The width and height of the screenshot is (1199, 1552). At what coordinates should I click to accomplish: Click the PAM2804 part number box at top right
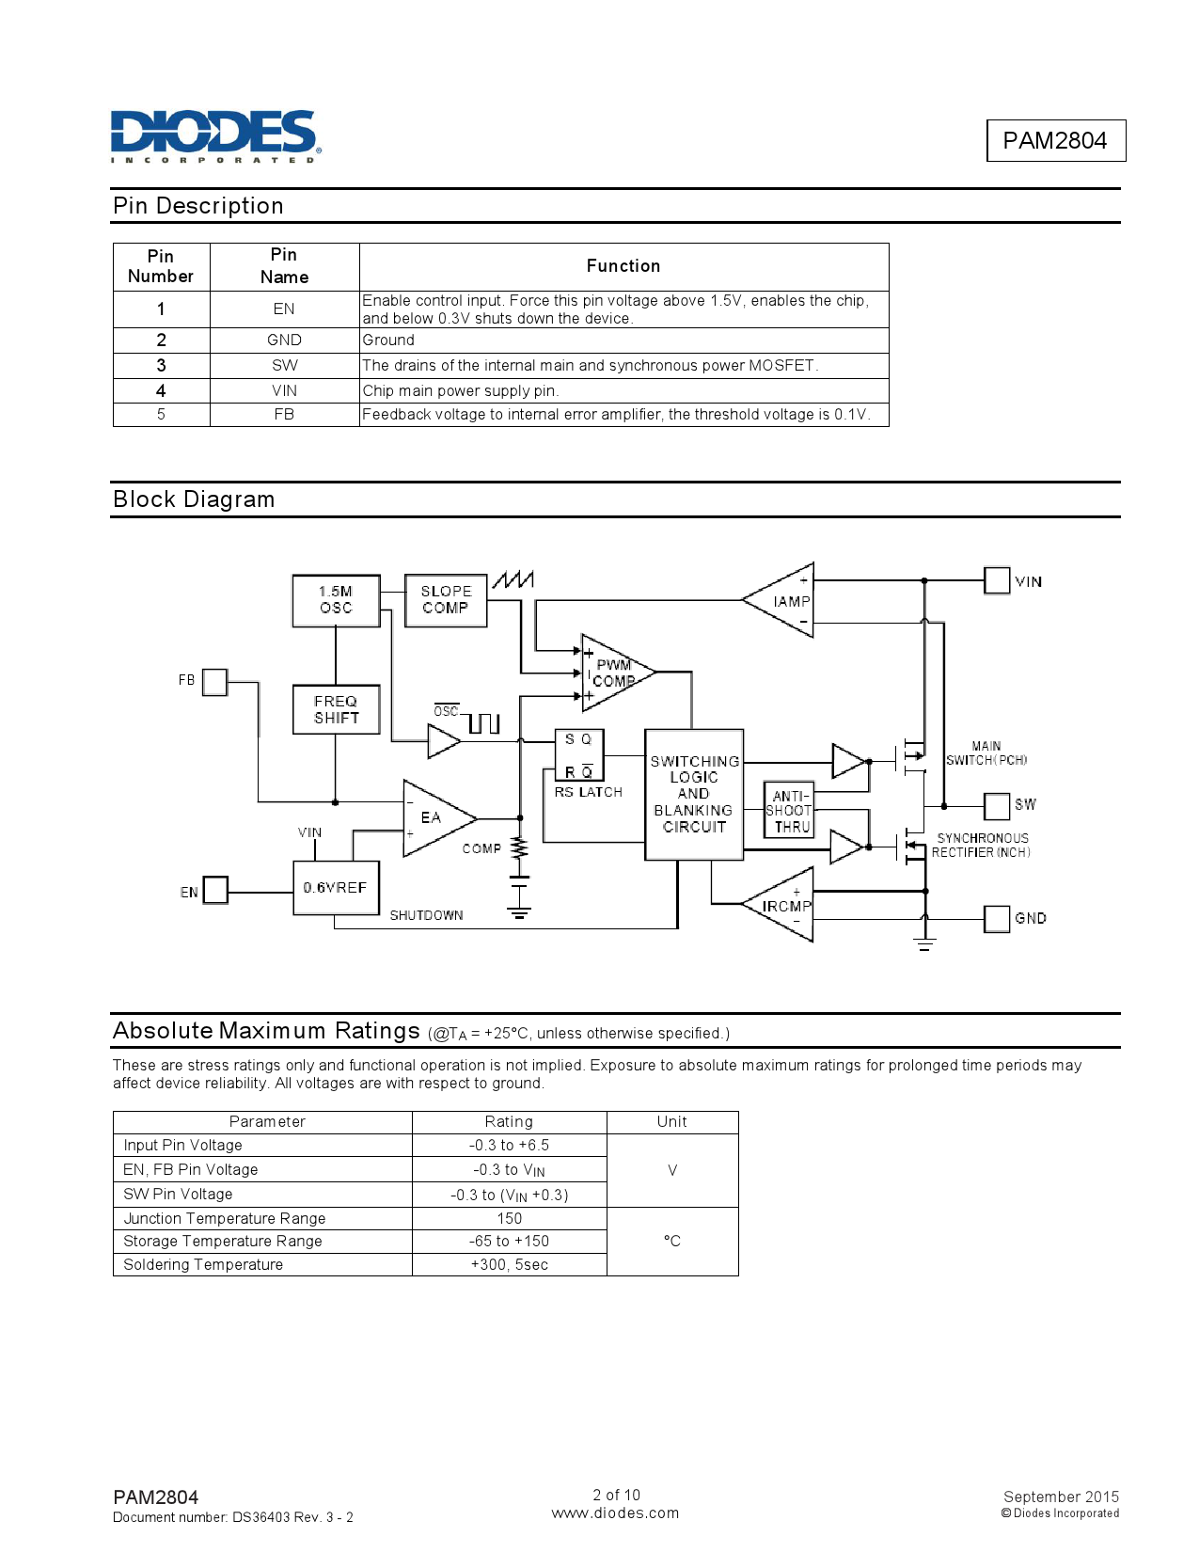point(1055,141)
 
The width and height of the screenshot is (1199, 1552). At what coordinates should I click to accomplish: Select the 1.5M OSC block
point(336,600)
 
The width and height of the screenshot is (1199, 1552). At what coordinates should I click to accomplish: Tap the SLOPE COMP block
point(446,600)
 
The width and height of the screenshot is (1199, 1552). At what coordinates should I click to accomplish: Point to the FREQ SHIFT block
point(336,709)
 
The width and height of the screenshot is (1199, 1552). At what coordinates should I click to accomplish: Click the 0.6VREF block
point(336,888)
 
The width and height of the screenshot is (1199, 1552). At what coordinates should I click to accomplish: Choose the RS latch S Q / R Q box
point(578,755)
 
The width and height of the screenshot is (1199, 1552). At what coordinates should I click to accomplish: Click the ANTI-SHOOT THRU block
point(789,810)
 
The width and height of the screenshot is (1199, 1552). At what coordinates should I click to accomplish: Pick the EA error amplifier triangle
point(433,818)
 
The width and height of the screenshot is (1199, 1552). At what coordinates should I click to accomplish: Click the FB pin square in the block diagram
point(215,682)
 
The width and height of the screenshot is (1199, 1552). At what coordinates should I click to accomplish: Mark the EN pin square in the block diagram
point(215,890)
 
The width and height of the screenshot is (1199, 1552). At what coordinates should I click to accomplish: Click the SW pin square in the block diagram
point(997,806)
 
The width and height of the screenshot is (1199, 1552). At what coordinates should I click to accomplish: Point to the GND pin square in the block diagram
point(997,919)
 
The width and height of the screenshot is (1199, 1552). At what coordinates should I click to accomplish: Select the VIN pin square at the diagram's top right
point(997,580)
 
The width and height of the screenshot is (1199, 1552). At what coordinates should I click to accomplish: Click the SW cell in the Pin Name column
point(284,366)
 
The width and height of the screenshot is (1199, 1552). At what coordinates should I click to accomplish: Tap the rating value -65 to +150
point(509,1242)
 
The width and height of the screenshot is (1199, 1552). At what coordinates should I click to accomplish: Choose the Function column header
point(623,266)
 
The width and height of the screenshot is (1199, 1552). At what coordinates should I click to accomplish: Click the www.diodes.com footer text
point(615,1513)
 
